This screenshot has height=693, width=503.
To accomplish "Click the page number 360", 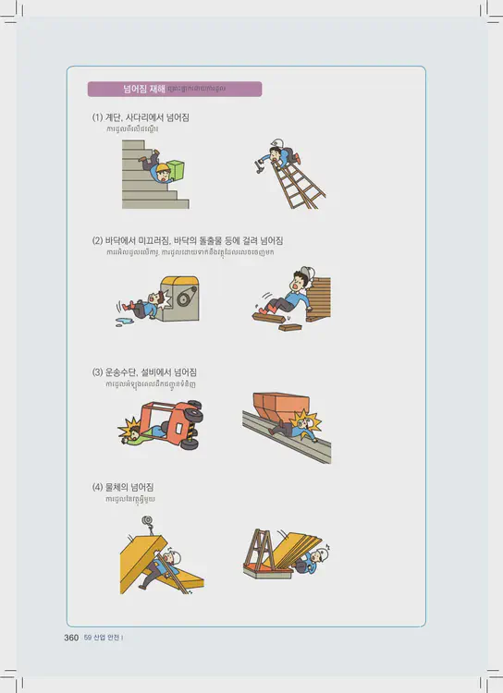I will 70,638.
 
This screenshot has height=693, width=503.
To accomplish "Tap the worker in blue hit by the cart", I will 301,426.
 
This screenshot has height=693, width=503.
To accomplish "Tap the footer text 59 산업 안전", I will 104,638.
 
